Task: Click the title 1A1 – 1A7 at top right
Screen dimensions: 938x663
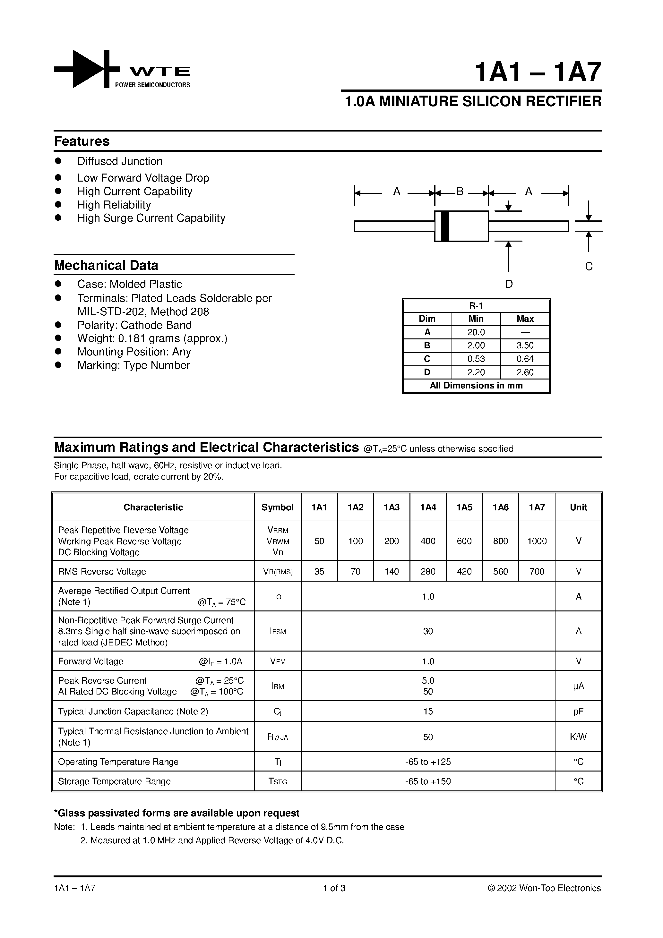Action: (x=538, y=73)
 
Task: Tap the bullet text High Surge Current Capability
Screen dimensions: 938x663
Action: (x=151, y=218)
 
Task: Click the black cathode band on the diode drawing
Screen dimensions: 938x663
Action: (x=445, y=226)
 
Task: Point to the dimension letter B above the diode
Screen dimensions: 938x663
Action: (x=460, y=191)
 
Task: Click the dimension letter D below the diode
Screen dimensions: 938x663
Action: (x=509, y=284)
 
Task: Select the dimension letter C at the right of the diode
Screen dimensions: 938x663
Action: (x=589, y=266)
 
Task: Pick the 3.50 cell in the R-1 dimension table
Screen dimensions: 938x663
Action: (x=525, y=345)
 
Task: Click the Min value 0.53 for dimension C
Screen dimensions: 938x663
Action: (x=476, y=359)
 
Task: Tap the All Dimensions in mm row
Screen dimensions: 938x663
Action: (x=476, y=386)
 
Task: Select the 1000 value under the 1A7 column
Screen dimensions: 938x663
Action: (x=537, y=541)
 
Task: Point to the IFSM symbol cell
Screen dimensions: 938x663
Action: (x=278, y=632)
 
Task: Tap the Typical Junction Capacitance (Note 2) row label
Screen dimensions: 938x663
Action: (x=133, y=712)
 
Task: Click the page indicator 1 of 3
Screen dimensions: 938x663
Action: (x=334, y=888)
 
